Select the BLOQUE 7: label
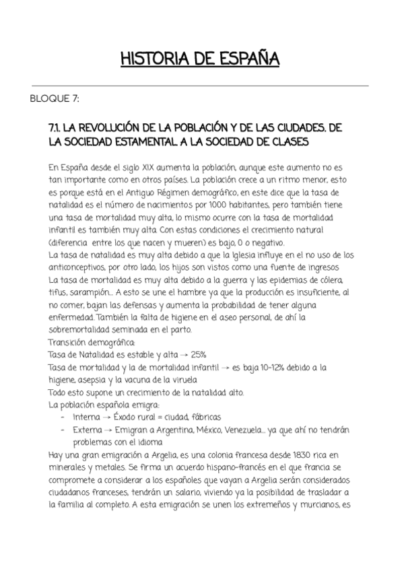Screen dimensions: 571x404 (55, 99)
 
